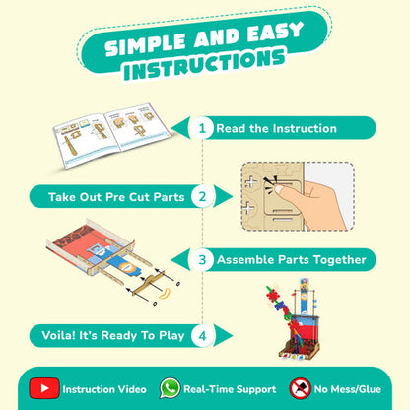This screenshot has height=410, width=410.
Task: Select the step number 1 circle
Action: [x=202, y=128]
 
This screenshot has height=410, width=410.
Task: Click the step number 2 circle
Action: [x=202, y=196]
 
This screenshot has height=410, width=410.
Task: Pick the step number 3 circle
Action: [x=202, y=260]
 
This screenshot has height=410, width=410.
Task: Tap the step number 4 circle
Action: [x=202, y=334]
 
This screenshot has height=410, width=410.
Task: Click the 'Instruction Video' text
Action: [x=102, y=388]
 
